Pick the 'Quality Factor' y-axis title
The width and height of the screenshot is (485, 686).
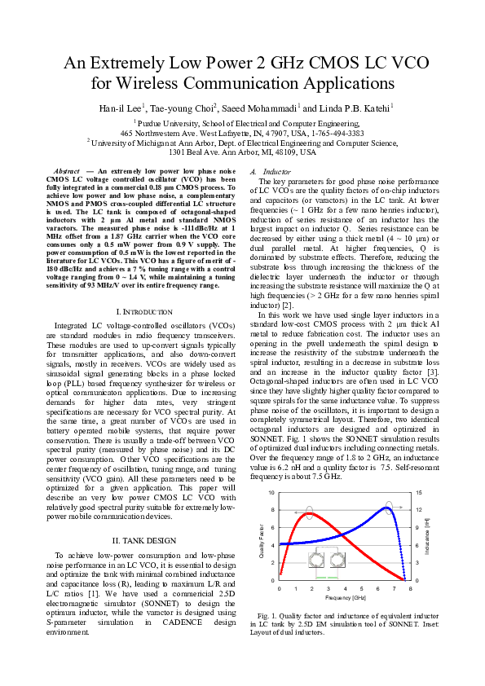click(262, 539)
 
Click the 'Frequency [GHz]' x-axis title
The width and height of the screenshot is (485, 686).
click(345, 597)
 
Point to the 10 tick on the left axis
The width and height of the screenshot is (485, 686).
click(272, 493)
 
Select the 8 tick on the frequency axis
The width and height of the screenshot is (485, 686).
click(410, 587)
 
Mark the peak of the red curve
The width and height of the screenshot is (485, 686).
click(308, 513)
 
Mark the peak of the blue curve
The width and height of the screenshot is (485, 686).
click(388, 508)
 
